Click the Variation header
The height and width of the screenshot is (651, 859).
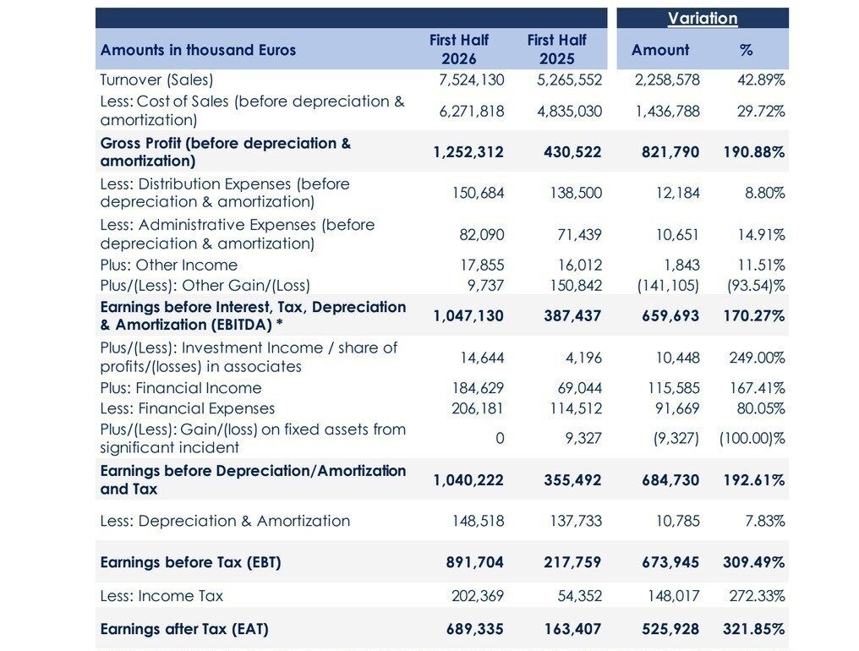703,18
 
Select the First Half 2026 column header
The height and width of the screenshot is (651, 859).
459,49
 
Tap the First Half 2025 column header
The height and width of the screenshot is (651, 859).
556,49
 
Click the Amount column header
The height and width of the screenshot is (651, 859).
660,50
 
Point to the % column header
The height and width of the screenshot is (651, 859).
747,50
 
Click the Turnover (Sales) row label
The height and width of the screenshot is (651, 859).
156,80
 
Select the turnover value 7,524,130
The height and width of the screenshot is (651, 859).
472,80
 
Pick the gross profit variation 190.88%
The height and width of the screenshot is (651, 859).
754,152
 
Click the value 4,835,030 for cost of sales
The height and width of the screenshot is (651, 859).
569,112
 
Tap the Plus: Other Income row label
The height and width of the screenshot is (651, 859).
169,265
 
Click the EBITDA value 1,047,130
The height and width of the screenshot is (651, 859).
468,315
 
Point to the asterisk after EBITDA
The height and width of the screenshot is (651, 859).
279,323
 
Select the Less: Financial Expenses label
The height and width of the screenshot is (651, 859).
188,409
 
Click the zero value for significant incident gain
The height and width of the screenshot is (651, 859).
500,439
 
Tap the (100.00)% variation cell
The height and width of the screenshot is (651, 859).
752,439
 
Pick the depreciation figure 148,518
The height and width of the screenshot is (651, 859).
478,521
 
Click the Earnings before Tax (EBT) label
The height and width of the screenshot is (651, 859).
190,562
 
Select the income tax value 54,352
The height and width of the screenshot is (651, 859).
580,596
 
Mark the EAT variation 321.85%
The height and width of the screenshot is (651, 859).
754,628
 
